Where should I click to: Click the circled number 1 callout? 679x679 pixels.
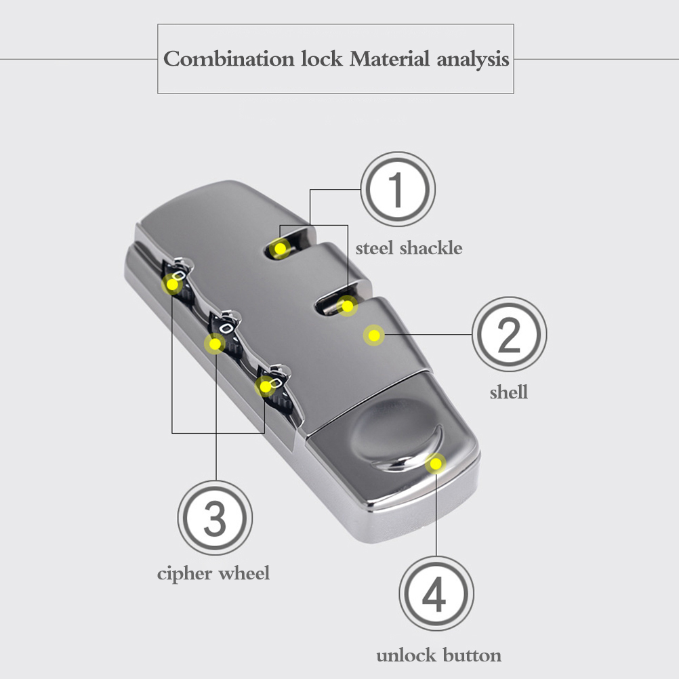coord(398,189)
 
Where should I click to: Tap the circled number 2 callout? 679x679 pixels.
coord(509,334)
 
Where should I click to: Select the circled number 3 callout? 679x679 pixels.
coord(215,518)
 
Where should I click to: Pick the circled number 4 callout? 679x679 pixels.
coord(436,593)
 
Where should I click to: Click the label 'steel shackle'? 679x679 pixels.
coord(409,248)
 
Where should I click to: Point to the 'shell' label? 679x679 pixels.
coord(509,392)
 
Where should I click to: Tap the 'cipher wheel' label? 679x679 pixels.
coord(213,573)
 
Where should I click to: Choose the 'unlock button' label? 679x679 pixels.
coord(438,655)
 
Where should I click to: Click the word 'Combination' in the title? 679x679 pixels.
coord(228,58)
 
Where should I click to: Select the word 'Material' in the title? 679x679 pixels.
coord(389,58)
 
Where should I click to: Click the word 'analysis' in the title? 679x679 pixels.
coord(473,60)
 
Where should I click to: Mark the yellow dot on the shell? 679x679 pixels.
coord(373,335)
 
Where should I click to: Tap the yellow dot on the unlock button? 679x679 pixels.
coord(436,464)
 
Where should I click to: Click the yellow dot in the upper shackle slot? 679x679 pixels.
coord(280,249)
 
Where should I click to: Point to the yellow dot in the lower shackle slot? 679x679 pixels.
coord(348,306)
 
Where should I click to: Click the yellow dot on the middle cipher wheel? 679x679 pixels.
coord(215,344)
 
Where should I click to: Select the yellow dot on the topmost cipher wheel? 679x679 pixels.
coord(172,285)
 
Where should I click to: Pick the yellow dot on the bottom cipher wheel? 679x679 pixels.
coord(265,386)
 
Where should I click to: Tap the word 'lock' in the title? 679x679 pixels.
coord(322,58)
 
